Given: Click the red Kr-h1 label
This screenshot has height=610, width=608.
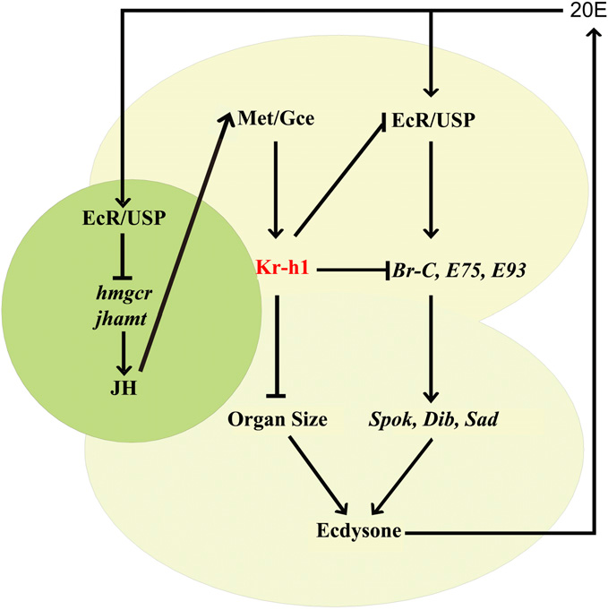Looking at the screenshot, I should click(279, 268).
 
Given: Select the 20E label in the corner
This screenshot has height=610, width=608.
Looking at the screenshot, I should click(586, 13).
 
